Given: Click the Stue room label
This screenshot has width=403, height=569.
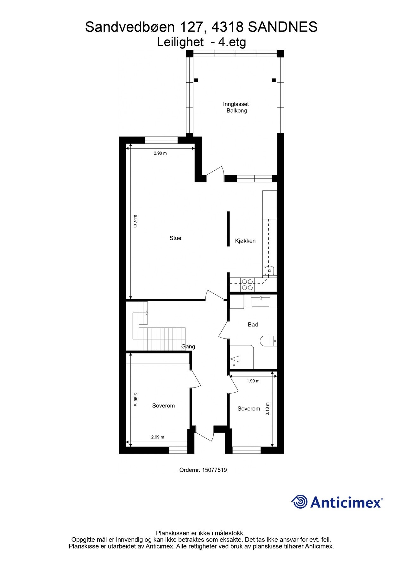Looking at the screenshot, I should pos(175,238).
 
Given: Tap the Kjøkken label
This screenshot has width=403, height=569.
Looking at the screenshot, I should pos(245,241).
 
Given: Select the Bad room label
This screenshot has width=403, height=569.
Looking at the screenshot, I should pos(253,324).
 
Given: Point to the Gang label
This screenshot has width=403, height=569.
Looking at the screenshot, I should pos(188,346).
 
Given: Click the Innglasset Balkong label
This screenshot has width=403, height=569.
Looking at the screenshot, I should pos(236,107).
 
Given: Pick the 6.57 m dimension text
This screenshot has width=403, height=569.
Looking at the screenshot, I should pos(135,221).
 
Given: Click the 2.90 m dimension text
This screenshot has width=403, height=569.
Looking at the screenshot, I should pos(160,153).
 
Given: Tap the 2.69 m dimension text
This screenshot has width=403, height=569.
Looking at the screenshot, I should pos(158,437).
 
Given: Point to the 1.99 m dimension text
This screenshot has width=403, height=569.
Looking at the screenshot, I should pos(253,381).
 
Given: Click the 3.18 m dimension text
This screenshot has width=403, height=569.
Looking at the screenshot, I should pos(268,408).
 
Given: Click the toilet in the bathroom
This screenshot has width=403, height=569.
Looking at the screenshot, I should pos(268,341).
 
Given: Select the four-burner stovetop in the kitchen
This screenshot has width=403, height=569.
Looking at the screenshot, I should pos(247,284).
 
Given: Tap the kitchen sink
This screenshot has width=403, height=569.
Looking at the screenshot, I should pos(269,271).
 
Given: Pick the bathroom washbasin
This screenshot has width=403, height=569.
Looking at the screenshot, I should pos(260,301).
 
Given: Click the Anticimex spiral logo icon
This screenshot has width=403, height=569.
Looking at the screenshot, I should pos(299,502).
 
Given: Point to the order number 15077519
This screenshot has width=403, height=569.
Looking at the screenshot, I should pos(214,470).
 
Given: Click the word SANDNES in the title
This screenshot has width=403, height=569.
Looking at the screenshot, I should pos(282,27).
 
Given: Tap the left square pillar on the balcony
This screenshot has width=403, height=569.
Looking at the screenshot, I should pos(196,80).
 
